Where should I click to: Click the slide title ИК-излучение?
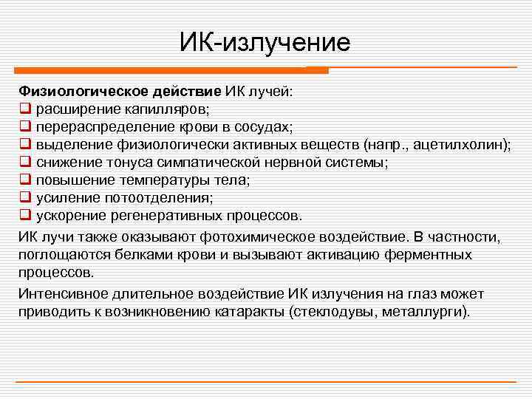(x=265, y=42)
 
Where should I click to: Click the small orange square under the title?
(x=317, y=70)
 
